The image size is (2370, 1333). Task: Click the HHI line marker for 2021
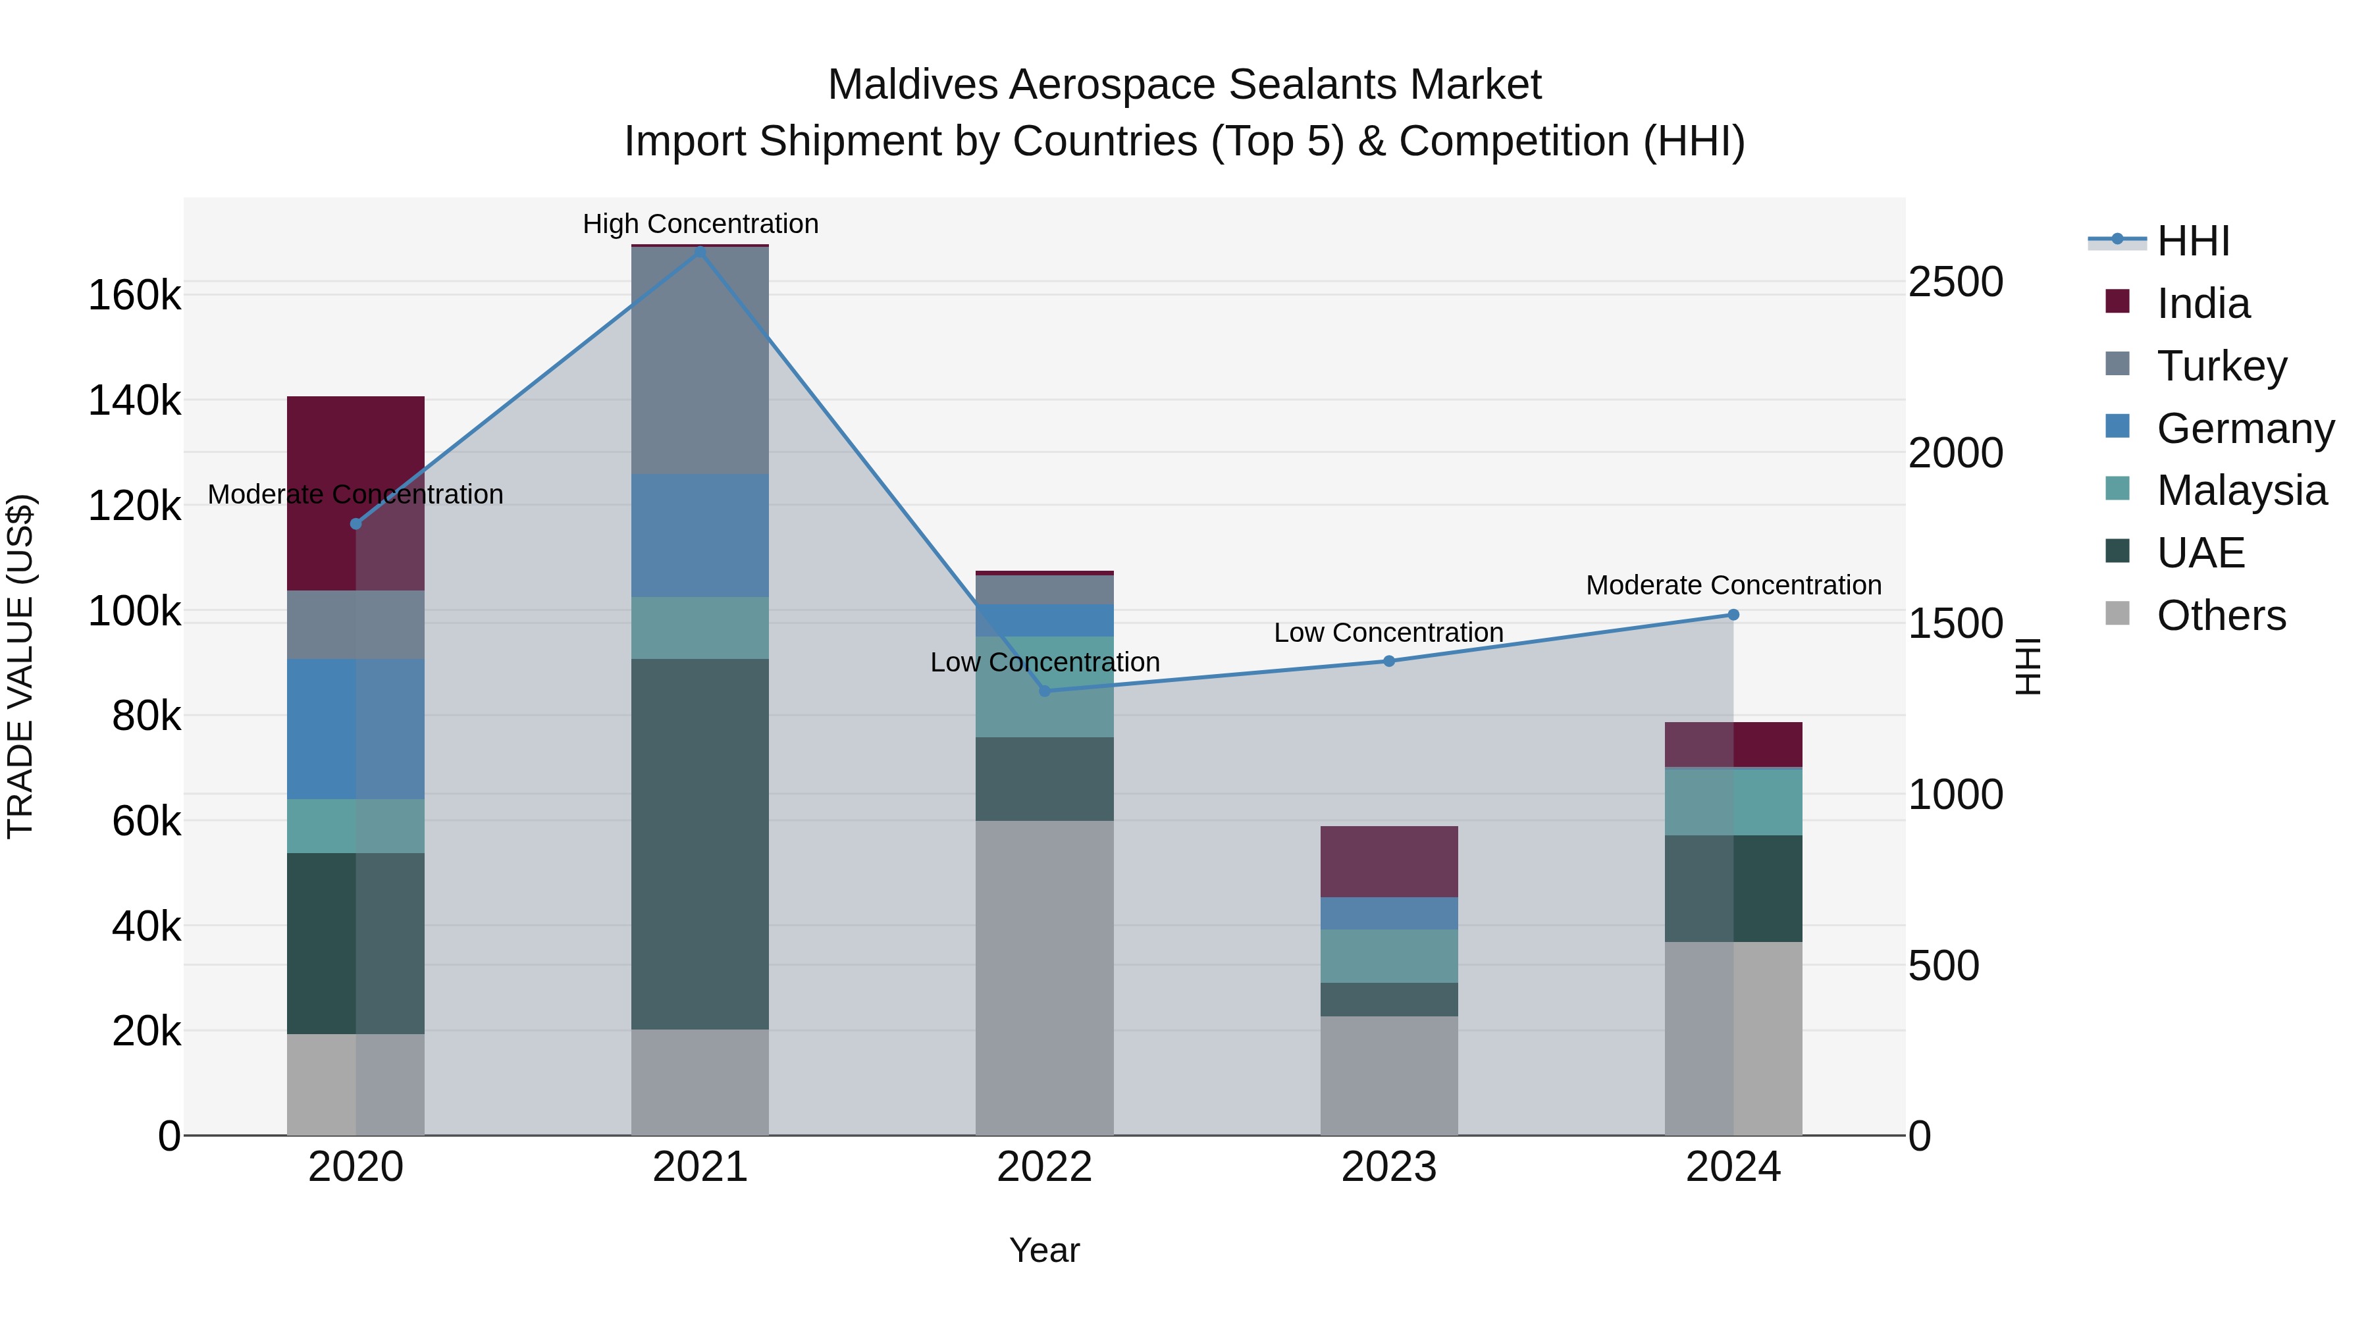tap(700, 250)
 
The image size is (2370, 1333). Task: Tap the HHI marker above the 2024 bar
tap(1733, 615)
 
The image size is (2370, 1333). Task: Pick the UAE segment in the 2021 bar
tap(700, 844)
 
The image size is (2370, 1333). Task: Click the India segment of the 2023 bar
tap(1389, 861)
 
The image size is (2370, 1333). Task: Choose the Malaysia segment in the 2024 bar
tap(1733, 801)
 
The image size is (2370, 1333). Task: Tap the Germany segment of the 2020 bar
tap(355, 729)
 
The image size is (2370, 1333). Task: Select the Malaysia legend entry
tap(2241, 490)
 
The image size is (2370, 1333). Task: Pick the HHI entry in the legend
tap(2192, 241)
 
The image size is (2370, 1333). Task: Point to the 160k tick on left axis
tap(134, 296)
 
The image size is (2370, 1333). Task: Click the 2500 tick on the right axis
tap(1955, 282)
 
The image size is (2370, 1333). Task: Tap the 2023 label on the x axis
tap(1389, 1167)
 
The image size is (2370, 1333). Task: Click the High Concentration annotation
tap(700, 224)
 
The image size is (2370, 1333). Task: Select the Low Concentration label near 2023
tap(1388, 633)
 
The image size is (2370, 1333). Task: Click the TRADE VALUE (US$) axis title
tap(20, 666)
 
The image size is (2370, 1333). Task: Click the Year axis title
tap(1044, 1250)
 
